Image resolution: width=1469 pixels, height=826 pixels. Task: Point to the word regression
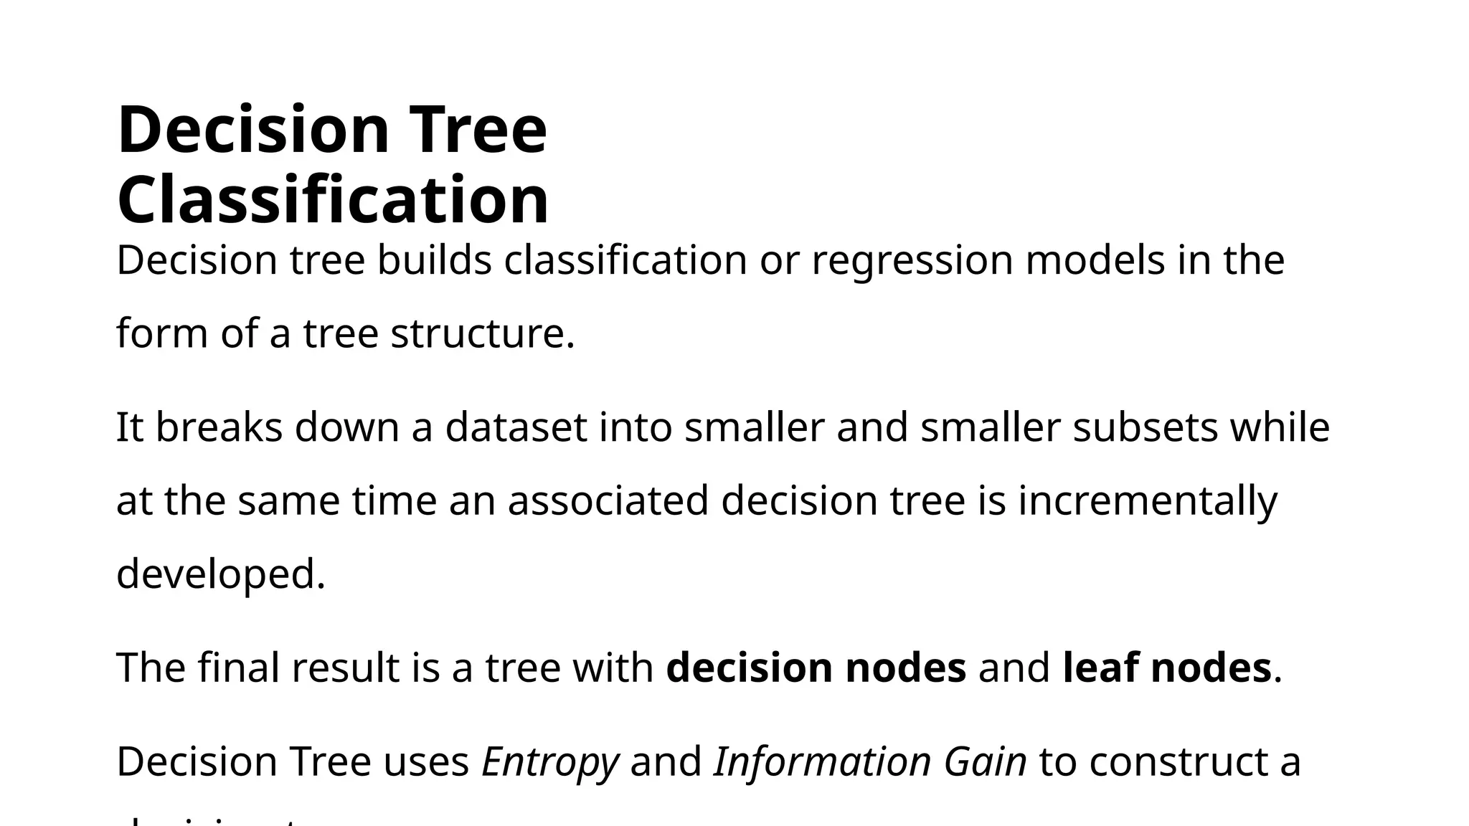(x=912, y=262)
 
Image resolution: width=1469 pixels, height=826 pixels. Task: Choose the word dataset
(x=516, y=427)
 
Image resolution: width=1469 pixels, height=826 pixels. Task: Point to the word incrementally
(x=1148, y=502)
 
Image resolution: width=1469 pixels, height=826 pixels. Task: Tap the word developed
(x=221, y=576)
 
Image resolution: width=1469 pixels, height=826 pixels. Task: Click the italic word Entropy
(x=549, y=763)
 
